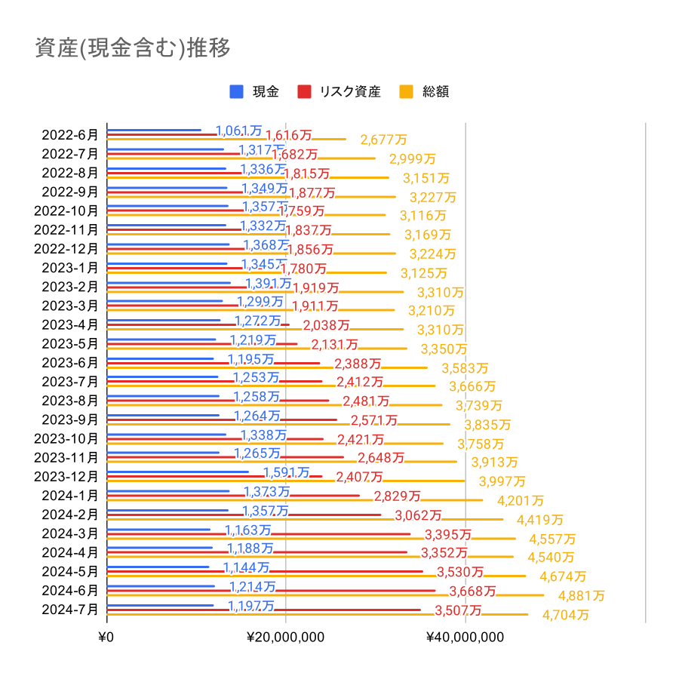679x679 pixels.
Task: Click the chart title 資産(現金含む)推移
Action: [x=133, y=48]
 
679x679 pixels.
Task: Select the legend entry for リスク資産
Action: [x=339, y=92]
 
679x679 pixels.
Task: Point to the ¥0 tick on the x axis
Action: [x=106, y=637]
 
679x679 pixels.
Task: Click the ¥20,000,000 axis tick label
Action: [x=286, y=637]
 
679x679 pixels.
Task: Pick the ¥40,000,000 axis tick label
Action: [x=465, y=637]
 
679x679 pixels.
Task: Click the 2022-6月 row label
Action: [x=70, y=135]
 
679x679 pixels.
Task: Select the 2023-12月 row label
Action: [x=66, y=476]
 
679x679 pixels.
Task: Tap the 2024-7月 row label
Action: [x=70, y=609]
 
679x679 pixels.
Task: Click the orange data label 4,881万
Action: [x=582, y=595]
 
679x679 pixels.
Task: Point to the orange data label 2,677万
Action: [x=383, y=140]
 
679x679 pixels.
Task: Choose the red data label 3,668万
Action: [x=472, y=591]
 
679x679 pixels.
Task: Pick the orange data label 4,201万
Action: [x=521, y=500]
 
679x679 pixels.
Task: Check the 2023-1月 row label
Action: [x=70, y=268]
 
